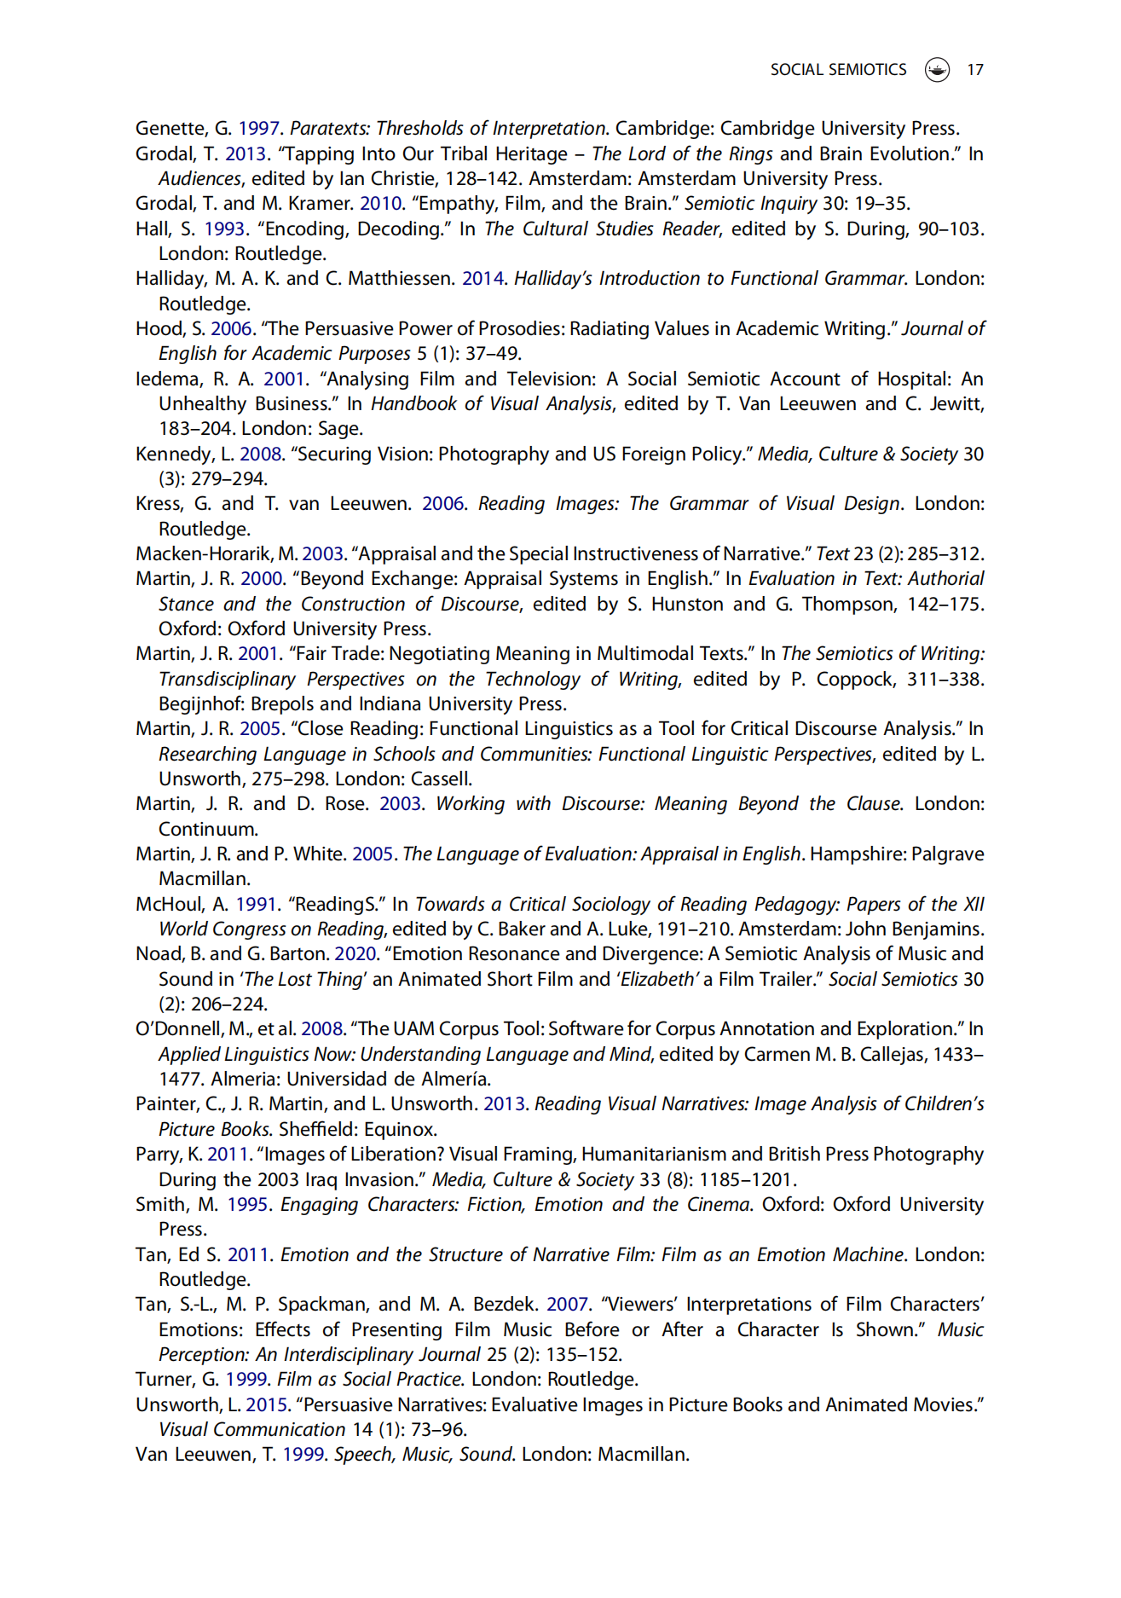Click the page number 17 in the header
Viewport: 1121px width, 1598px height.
[x=974, y=70]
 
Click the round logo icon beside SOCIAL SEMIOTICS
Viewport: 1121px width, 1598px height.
[x=937, y=70]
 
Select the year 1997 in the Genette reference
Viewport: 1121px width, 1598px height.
[x=258, y=129]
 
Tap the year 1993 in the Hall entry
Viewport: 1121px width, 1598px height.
[x=224, y=229]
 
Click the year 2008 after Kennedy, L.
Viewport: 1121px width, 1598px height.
[x=260, y=455]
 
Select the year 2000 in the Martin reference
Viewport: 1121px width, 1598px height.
[x=261, y=579]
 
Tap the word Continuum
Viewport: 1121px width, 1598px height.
[x=207, y=830]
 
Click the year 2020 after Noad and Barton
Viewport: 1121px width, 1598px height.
[x=355, y=954]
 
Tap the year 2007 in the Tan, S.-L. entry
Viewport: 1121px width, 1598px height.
[x=567, y=1305]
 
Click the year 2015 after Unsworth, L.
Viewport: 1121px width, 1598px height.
[x=266, y=1405]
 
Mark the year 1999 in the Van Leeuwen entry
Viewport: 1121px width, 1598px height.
[x=303, y=1455]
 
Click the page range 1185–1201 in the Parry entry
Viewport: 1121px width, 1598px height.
[x=747, y=1180]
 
